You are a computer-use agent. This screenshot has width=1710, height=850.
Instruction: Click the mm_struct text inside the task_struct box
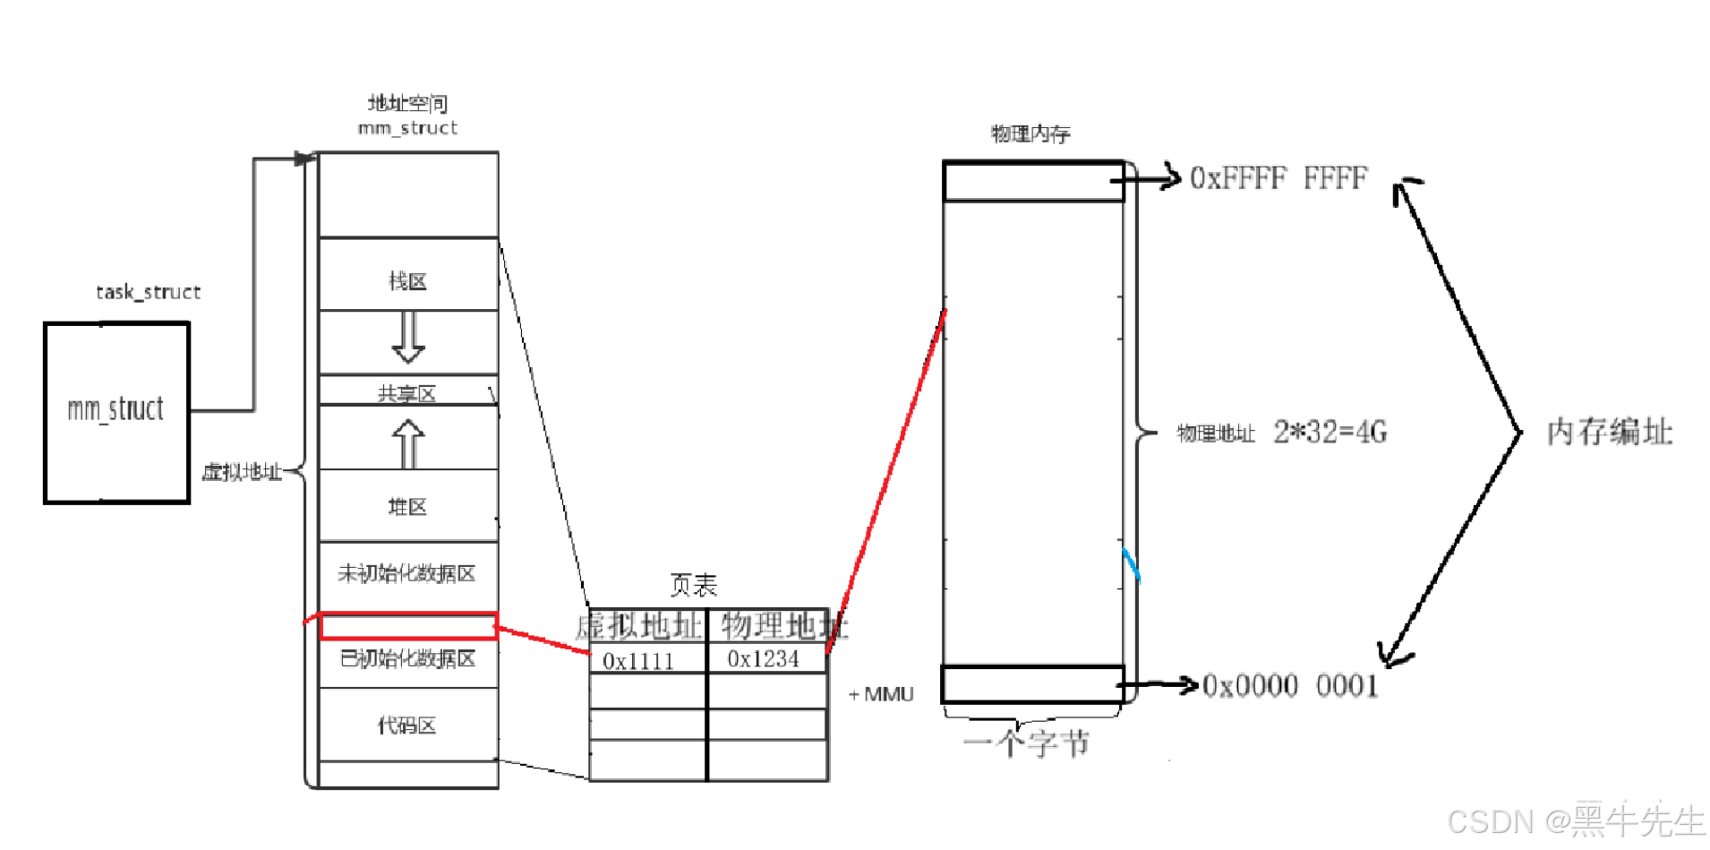[115, 409]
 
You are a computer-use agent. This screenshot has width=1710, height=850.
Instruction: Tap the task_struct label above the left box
[148, 292]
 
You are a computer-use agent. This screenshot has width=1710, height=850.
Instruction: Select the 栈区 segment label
[407, 281]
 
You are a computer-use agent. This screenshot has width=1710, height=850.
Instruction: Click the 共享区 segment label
[407, 393]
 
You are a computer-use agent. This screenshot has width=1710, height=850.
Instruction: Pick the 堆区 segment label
[407, 507]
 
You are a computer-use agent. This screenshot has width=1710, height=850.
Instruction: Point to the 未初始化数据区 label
[406, 573]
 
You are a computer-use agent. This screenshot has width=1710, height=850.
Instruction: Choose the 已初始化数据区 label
[407, 659]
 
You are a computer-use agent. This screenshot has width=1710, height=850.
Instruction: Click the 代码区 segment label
[407, 726]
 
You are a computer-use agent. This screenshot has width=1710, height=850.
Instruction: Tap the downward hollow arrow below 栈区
[408, 337]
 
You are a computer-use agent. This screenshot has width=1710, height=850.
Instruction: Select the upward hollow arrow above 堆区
[408, 443]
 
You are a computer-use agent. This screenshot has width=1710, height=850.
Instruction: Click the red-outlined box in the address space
[408, 626]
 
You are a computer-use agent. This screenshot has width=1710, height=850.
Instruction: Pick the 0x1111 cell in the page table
[638, 661]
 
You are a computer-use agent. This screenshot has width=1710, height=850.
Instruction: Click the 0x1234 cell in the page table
[764, 659]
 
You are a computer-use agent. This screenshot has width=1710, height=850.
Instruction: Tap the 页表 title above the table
[694, 585]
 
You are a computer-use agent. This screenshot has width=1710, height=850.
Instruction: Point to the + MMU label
[882, 694]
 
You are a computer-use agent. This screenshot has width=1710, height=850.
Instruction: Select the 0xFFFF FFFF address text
[1278, 178]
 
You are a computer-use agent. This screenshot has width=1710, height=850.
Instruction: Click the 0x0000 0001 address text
[1290, 686]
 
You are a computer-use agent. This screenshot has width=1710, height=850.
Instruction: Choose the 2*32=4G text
[1330, 433]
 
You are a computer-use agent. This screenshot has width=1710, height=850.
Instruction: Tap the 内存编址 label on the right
[1610, 432]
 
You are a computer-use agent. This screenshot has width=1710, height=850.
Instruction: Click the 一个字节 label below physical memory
[1026, 743]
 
